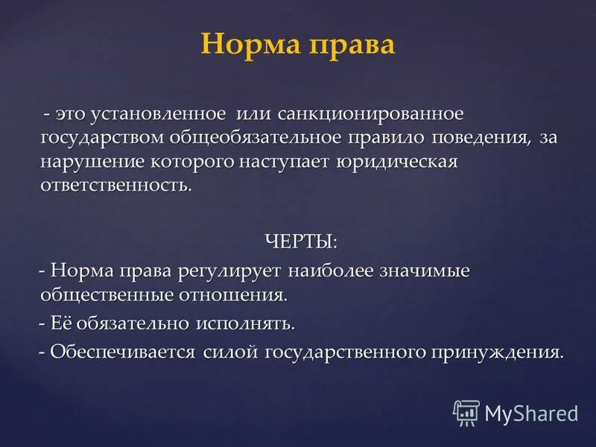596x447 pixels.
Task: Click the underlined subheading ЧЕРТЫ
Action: [299, 241]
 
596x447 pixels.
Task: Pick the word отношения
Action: [237, 296]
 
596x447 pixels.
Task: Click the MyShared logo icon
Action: [466, 412]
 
